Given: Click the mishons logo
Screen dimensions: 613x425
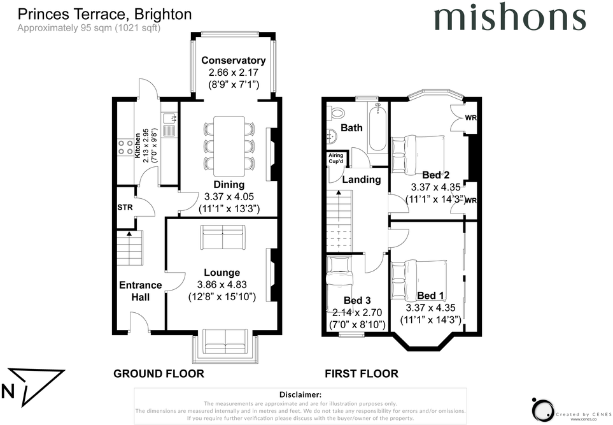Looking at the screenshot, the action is [x=510, y=17].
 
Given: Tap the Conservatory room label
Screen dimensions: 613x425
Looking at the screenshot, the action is [x=234, y=61].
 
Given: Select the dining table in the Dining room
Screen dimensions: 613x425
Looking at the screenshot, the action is [x=229, y=145].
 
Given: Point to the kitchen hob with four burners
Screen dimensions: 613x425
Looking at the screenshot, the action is [x=125, y=147].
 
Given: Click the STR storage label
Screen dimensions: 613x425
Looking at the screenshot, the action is [x=125, y=208].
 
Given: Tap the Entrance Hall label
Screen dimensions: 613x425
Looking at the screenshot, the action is [x=140, y=291].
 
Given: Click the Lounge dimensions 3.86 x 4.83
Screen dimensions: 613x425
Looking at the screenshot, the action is [x=222, y=285].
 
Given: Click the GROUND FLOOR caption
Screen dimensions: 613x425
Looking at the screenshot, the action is [x=159, y=374].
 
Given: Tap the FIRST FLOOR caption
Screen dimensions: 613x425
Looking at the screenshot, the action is [x=362, y=374].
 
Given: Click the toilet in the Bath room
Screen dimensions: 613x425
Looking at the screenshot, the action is [x=336, y=112].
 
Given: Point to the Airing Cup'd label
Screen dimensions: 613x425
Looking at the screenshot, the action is [x=336, y=158].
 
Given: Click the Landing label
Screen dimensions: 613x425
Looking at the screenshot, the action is [x=362, y=179].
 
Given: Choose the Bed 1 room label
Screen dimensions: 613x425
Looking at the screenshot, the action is [x=430, y=296].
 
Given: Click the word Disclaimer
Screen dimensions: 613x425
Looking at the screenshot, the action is [x=300, y=394].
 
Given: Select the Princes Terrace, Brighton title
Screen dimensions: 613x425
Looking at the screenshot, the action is [x=105, y=15].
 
